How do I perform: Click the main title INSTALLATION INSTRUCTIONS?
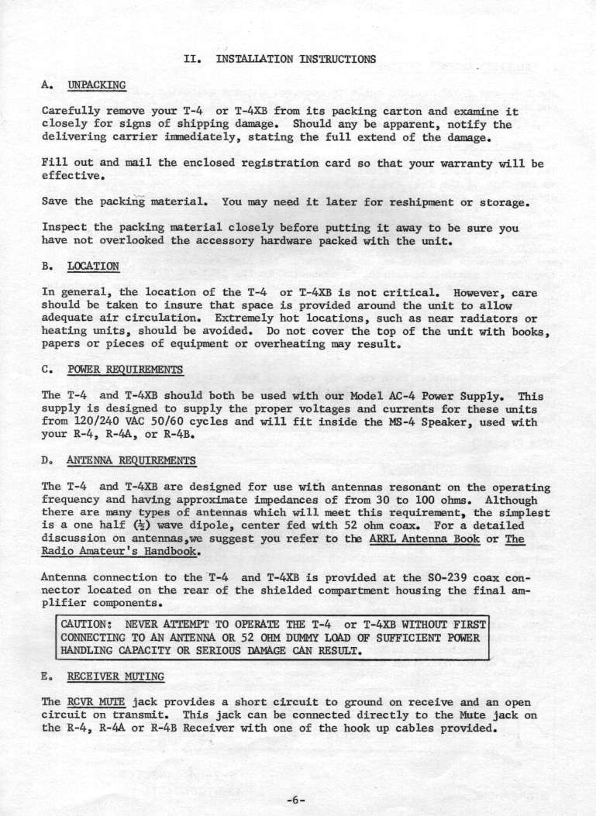tap(295, 58)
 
